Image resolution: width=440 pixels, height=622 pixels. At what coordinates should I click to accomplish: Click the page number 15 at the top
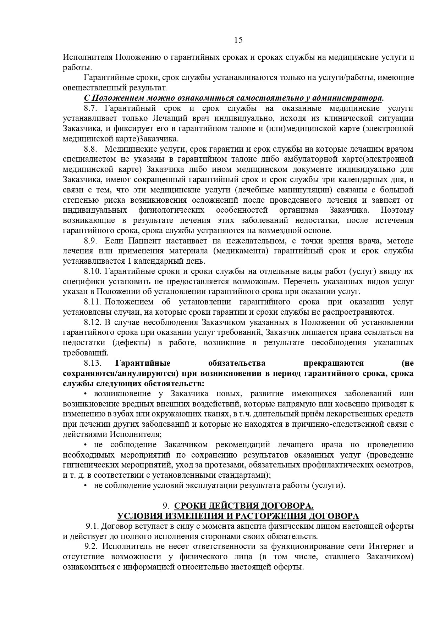(x=238, y=40)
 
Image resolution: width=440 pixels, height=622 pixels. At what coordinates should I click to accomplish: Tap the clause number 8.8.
(x=90, y=149)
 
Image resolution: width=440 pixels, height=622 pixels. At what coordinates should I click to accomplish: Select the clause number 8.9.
(x=90, y=241)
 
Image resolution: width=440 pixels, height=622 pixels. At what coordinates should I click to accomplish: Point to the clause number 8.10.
(x=92, y=271)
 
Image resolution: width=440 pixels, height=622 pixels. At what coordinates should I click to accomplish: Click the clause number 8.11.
(x=92, y=302)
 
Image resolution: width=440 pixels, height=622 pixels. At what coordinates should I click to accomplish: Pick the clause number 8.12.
(x=92, y=323)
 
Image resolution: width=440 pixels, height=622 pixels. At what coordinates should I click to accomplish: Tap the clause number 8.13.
(x=92, y=363)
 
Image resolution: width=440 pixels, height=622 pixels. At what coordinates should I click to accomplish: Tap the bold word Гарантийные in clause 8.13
(x=143, y=363)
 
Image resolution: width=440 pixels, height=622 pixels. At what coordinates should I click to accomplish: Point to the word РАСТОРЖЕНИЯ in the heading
(x=271, y=516)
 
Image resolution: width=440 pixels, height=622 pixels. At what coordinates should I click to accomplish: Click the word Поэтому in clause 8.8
(x=397, y=210)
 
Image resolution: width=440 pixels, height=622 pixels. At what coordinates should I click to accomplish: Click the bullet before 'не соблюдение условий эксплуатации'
(x=86, y=486)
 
